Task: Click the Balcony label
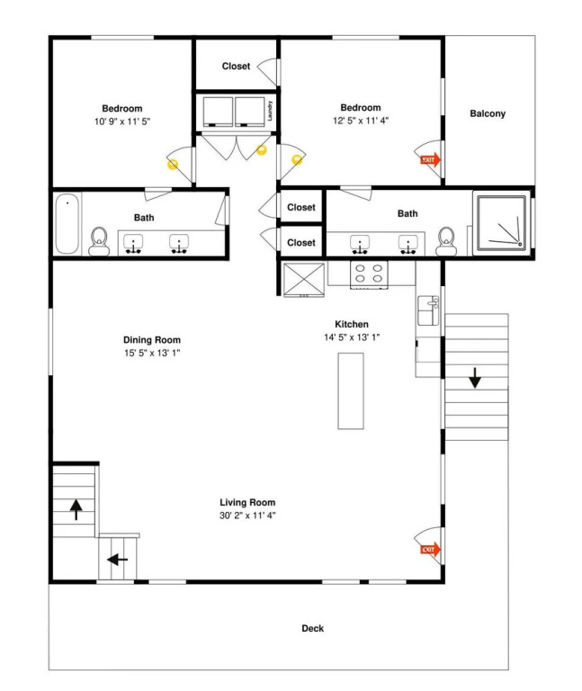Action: coord(488,113)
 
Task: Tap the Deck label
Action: coord(312,628)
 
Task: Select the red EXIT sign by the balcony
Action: coord(431,160)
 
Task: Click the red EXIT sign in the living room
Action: coord(431,550)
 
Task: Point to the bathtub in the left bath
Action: coord(67,224)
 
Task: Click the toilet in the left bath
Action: coord(99,241)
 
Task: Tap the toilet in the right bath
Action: coord(446,241)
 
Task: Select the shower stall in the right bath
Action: coord(502,223)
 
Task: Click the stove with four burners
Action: coord(369,274)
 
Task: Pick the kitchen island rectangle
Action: coord(351,390)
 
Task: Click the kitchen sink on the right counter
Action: coord(428,310)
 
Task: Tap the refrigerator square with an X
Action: coord(304,280)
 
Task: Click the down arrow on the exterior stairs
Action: coord(474,378)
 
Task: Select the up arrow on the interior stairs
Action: coord(76,509)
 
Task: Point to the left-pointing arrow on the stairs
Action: coord(117,560)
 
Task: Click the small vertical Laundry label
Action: coord(270,111)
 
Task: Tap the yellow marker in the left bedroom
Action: coord(173,165)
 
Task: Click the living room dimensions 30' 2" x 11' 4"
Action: coord(247,516)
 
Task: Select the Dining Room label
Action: coord(152,340)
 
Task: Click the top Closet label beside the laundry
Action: coord(237,66)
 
